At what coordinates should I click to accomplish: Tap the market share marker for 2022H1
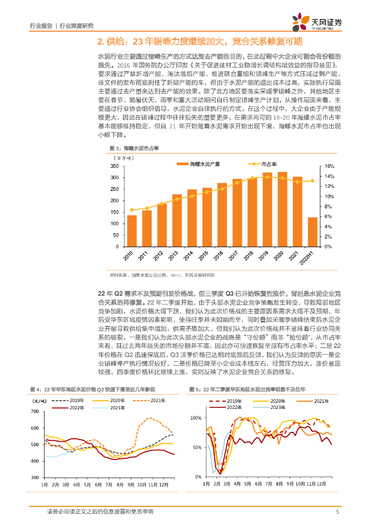click(313, 181)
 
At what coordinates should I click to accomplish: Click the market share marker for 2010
click(132, 210)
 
